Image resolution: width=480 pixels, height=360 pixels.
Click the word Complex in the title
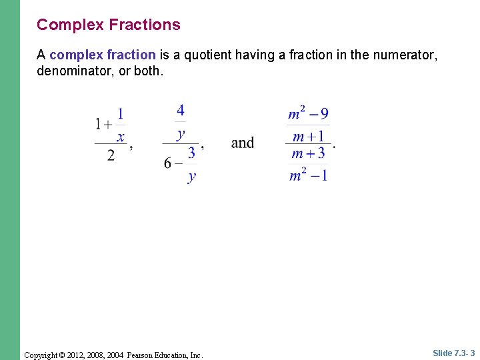coord(70,25)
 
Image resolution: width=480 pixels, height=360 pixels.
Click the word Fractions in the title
coord(145,25)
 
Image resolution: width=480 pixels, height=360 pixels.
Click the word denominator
coord(75,70)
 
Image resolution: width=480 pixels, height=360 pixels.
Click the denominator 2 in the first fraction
coord(111,155)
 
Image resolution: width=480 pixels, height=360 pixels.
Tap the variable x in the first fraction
coord(121,137)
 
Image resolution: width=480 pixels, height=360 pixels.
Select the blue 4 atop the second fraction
coord(181,111)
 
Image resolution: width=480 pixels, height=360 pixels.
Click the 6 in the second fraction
coord(168,163)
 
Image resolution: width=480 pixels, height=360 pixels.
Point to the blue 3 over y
coord(192,153)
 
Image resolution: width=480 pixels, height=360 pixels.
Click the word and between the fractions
coord(243,143)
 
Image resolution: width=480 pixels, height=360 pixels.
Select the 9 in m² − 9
coord(324,114)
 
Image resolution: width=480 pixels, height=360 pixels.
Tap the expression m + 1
coord(308,136)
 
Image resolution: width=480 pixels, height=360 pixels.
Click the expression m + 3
coord(308,153)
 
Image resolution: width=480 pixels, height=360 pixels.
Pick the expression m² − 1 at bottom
coord(308,175)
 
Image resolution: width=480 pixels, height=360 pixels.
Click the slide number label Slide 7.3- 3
coord(453,353)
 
